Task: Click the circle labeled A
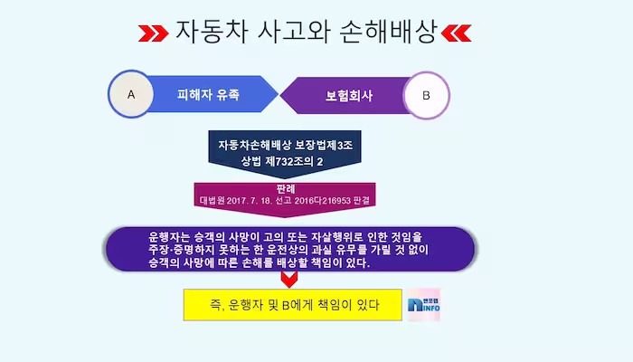132,94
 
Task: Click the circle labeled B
426,95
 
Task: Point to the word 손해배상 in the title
392,33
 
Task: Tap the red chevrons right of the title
455,34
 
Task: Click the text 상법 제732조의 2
282,161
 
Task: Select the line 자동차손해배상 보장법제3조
285,145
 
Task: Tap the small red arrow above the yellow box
288,279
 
